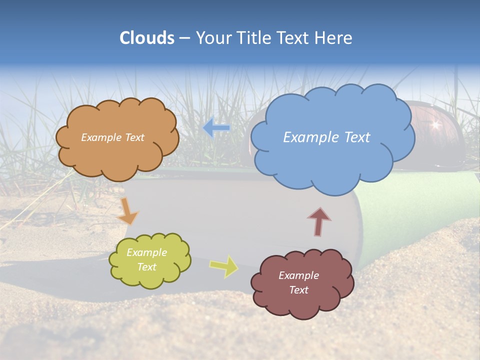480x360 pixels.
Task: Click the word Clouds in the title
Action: coord(147,38)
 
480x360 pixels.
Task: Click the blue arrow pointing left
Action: coord(216,128)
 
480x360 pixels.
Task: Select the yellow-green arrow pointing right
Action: coord(224,266)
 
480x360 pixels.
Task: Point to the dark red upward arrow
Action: coord(318,221)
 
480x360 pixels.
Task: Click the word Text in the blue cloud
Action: coord(354,137)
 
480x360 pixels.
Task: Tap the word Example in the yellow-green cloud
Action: coord(146,252)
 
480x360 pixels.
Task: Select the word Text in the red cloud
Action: coord(298,290)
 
